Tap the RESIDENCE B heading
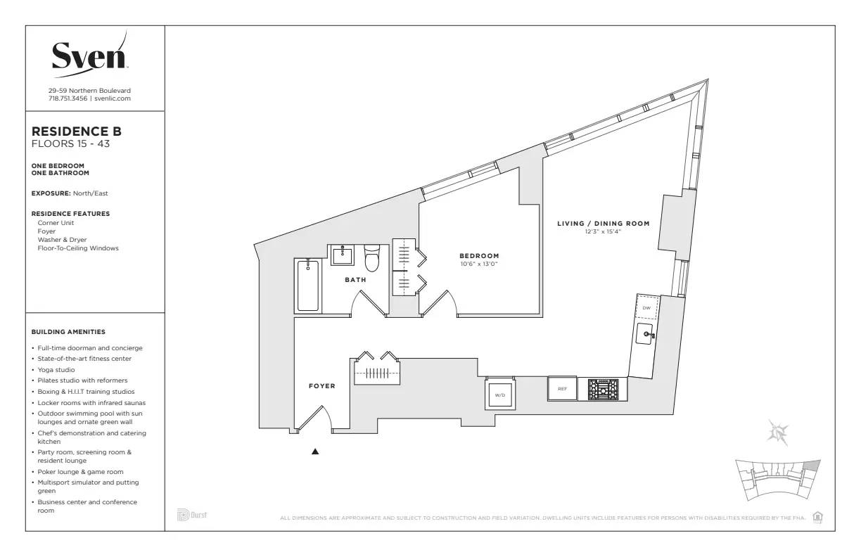pos(77,132)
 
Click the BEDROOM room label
pos(479,256)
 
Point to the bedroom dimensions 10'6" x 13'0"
pos(479,264)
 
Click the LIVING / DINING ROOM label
pos(603,224)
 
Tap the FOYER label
pos(321,386)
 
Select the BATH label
pos(355,280)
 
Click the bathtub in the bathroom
pos(307,285)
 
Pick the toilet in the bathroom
pos(371,258)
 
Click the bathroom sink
pos(343,255)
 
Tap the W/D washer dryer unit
pos(500,395)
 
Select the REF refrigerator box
pos(562,389)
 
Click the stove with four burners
pos(603,389)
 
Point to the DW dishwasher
pos(646,308)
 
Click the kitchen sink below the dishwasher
pos(645,335)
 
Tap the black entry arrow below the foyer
pos(315,452)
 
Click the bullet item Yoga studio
pos(56,369)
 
